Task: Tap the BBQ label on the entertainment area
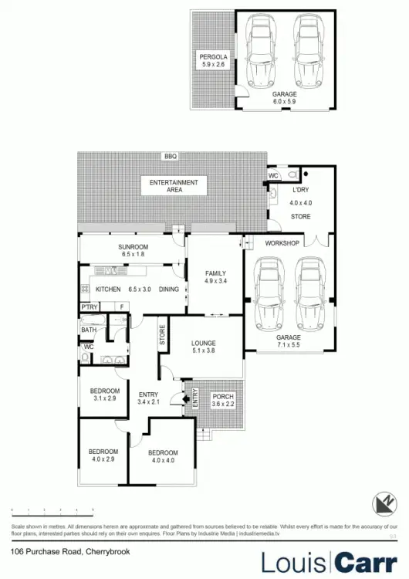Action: click(170, 157)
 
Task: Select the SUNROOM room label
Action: click(133, 246)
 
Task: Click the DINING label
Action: click(168, 289)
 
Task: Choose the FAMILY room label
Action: click(215, 274)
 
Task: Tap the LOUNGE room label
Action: click(204, 343)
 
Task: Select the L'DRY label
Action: click(300, 191)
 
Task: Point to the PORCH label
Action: click(222, 397)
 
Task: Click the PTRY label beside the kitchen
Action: click(89, 307)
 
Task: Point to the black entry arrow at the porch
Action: click(182, 398)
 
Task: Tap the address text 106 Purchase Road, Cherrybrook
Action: click(60, 551)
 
